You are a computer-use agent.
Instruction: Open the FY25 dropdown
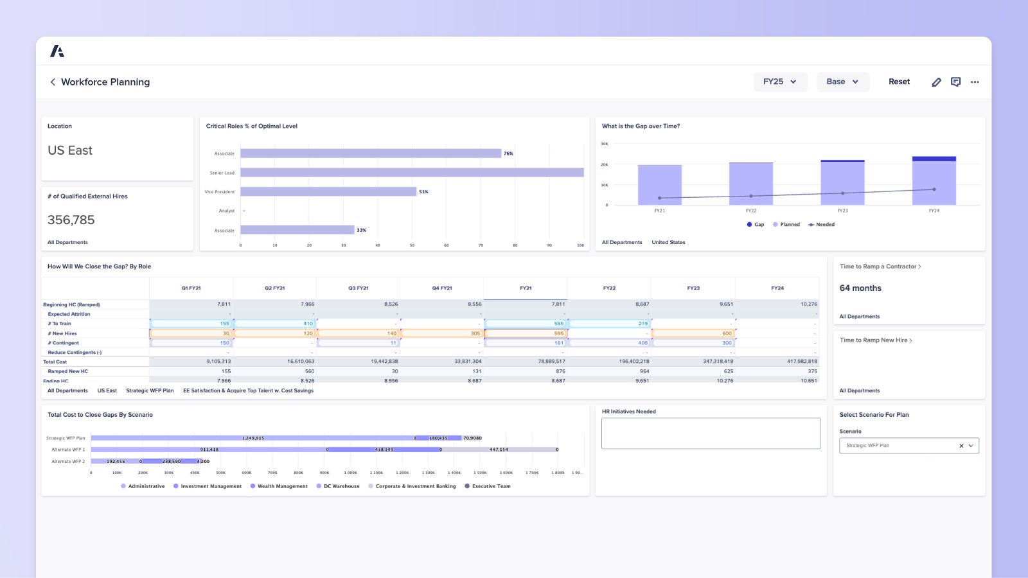780,82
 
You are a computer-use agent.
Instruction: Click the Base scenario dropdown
842,82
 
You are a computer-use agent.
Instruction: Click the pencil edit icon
936,82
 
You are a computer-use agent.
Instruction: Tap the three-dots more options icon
975,82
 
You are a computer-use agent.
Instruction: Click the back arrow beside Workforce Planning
53,82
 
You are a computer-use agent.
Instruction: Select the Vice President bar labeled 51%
328,191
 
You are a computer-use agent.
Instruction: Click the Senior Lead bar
411,172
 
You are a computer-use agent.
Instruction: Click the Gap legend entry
755,225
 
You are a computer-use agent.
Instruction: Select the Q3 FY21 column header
358,288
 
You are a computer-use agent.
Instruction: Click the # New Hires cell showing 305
441,333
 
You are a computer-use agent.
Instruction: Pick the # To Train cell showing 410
274,324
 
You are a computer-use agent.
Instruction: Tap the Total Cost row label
55,362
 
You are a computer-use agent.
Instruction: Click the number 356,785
71,220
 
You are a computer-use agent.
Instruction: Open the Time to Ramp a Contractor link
880,267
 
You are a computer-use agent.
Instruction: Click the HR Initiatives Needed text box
711,433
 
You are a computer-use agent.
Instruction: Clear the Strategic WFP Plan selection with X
961,446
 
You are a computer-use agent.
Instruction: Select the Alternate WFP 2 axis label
67,461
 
